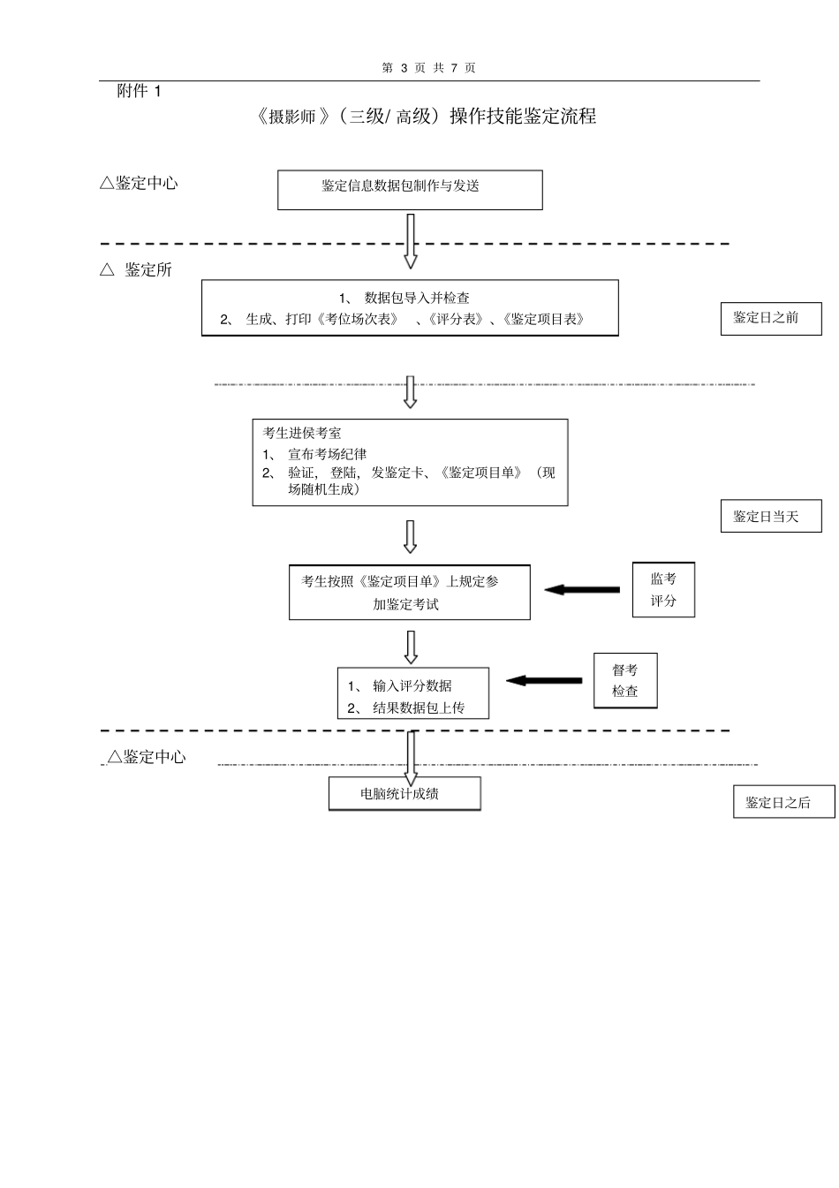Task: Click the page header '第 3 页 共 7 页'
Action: click(428, 68)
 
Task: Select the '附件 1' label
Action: click(140, 91)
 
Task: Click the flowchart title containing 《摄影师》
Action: click(425, 117)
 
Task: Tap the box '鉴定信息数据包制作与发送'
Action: click(410, 190)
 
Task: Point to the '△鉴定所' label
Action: click(136, 269)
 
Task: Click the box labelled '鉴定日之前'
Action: click(771, 318)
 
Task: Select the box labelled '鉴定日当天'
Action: click(771, 516)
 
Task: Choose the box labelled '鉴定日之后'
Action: click(783, 802)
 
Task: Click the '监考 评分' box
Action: click(663, 589)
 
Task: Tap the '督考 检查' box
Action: click(625, 681)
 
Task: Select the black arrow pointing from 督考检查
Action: click(544, 680)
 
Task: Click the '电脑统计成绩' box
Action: click(404, 793)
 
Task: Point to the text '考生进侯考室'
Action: click(302, 433)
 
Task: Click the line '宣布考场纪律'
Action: click(327, 454)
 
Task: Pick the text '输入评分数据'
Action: click(412, 685)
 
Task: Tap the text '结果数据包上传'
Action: click(418, 708)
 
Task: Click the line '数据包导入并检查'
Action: click(417, 298)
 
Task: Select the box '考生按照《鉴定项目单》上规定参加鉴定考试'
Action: click(410, 592)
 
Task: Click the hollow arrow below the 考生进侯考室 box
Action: click(410, 536)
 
